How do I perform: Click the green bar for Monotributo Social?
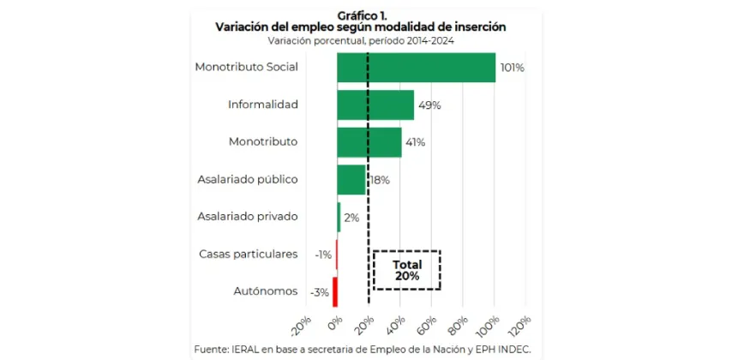click(416, 68)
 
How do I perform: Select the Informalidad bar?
click(375, 105)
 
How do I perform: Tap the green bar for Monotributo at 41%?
click(369, 142)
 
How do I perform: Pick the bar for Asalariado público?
click(351, 180)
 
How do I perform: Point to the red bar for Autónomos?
click(335, 291)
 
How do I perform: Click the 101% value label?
click(512, 68)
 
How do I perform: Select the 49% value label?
click(429, 105)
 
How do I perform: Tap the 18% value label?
click(379, 180)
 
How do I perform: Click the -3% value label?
click(320, 292)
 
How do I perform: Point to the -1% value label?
click(323, 255)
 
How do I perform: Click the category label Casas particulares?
click(248, 255)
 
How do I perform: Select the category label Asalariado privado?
click(247, 217)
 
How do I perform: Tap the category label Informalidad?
click(262, 105)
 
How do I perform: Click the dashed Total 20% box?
click(406, 270)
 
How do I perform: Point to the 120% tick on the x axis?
click(519, 326)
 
